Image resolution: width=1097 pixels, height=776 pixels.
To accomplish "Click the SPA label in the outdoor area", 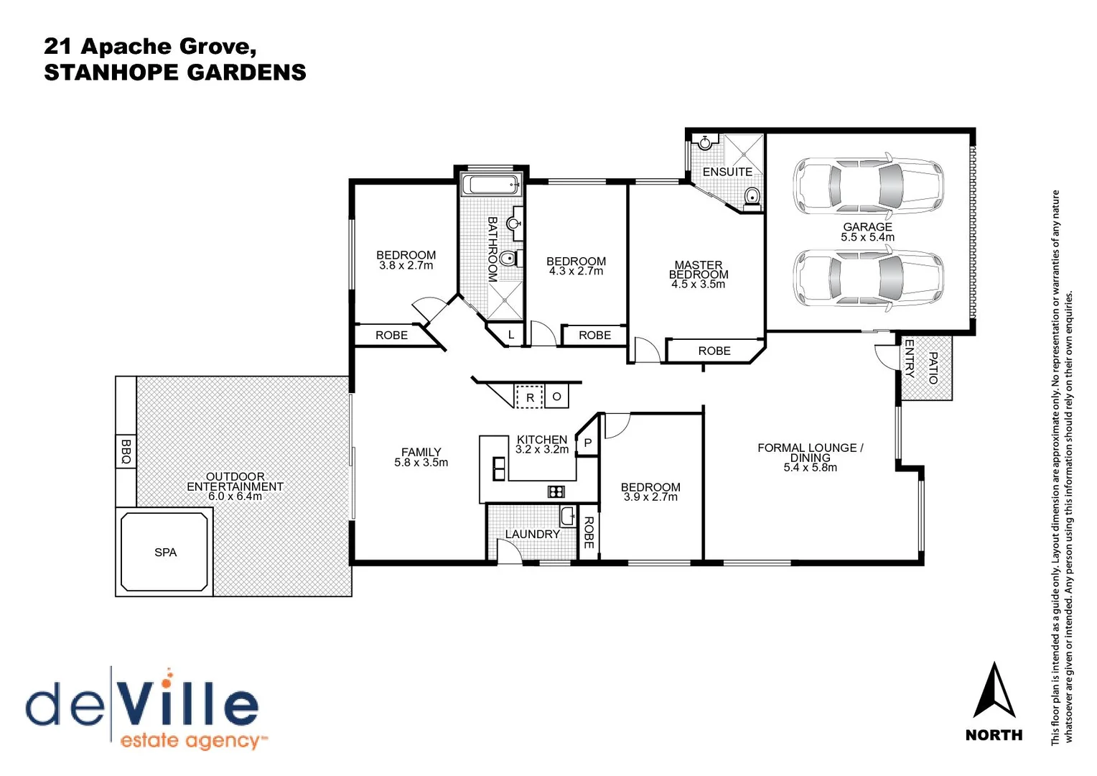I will click(x=165, y=553).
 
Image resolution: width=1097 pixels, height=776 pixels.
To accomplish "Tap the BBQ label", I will click(x=126, y=451).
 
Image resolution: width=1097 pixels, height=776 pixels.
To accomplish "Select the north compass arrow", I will click(x=994, y=691).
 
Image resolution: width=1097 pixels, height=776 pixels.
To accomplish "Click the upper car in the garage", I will click(x=868, y=185).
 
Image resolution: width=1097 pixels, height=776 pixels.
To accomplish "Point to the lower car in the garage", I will click(x=868, y=278).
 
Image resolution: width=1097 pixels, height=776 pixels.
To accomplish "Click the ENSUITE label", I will click(x=727, y=172).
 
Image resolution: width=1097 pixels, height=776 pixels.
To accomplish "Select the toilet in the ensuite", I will click(x=752, y=196).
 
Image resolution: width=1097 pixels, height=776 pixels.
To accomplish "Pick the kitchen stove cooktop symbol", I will click(x=556, y=491).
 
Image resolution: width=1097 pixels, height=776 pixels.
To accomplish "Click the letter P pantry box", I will click(x=588, y=443).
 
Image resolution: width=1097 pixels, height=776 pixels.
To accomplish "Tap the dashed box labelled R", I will click(x=530, y=397).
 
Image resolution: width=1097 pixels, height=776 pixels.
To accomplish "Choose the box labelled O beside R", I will click(x=556, y=396).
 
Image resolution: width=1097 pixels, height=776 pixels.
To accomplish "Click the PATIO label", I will click(x=933, y=367).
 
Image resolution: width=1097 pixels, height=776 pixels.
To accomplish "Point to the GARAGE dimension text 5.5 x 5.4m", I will click(x=867, y=237).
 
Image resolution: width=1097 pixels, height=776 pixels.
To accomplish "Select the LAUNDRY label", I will click(x=532, y=534).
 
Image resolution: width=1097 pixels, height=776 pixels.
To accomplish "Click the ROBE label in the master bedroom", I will click(x=714, y=351).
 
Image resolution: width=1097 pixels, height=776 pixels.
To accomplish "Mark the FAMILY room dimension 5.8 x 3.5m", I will click(x=421, y=463).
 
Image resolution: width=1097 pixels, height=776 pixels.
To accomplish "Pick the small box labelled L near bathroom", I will click(x=511, y=335).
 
